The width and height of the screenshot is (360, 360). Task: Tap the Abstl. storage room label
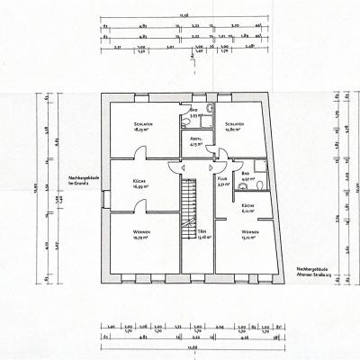click(195, 141)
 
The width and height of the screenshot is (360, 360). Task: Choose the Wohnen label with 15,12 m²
click(248, 235)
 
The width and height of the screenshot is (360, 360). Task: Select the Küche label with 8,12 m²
click(247, 211)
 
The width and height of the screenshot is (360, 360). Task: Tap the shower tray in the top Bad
click(207, 111)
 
